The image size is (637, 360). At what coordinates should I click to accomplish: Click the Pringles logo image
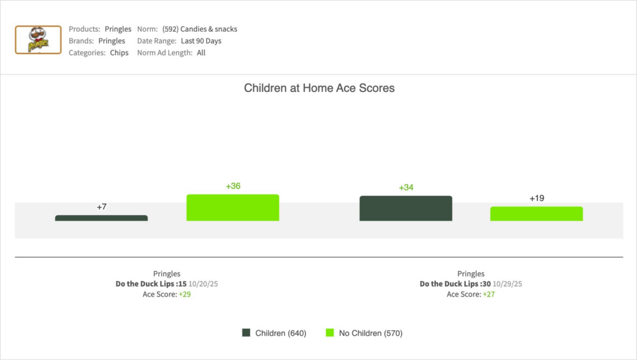coord(38,40)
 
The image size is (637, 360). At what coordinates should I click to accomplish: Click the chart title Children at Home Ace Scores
coord(319,88)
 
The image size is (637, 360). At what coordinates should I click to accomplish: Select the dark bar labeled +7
coord(101,218)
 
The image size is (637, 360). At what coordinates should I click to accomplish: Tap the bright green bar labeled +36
coord(233,208)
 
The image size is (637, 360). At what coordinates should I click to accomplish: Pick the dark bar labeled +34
coord(406,208)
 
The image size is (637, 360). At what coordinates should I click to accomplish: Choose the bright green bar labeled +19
coord(536,214)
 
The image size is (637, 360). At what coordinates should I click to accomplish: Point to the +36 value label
coord(233,186)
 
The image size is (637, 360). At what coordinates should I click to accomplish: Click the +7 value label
coord(102,206)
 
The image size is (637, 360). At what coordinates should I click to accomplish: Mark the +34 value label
coord(406,187)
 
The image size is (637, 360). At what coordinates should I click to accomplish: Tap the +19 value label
coord(537,198)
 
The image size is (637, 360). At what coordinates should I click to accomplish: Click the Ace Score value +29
coord(184,294)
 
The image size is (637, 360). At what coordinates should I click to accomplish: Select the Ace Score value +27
coord(488,294)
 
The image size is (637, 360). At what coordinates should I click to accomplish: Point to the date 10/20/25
coord(203,284)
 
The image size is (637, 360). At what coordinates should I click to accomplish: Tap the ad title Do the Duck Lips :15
coord(151,284)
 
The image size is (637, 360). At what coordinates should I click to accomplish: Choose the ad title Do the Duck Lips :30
coord(455,284)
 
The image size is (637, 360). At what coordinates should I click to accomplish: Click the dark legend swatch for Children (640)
coord(246,333)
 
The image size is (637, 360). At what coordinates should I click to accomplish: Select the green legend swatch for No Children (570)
coord(330,333)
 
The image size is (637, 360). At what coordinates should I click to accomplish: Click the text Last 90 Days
coord(201,41)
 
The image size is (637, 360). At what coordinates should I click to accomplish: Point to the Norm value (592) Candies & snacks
coord(200,29)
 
